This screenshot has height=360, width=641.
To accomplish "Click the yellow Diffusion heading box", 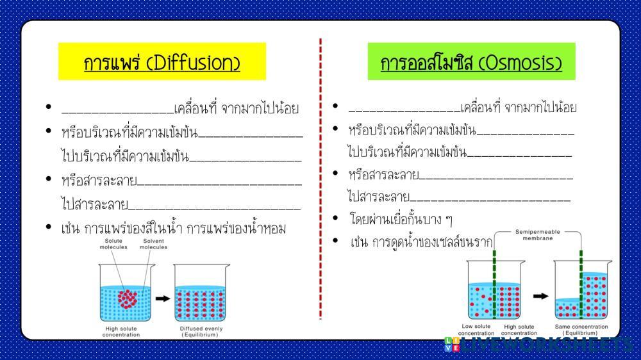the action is click(162, 61).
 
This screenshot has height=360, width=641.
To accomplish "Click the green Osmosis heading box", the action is click(471, 61).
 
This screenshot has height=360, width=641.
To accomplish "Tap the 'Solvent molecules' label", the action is click(153, 244).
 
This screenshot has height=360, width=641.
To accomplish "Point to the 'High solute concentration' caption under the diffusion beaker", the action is click(121, 332).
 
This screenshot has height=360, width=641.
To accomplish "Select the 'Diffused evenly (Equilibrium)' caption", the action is click(201, 332).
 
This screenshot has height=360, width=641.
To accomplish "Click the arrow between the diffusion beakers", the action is click(163, 298).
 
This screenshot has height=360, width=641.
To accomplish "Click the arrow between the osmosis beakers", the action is click(542, 295).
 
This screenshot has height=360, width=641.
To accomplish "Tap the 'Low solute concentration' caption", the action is click(476, 330).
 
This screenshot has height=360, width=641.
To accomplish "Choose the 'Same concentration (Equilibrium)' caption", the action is click(581, 330).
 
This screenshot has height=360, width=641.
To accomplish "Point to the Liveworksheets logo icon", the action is click(451, 344).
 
